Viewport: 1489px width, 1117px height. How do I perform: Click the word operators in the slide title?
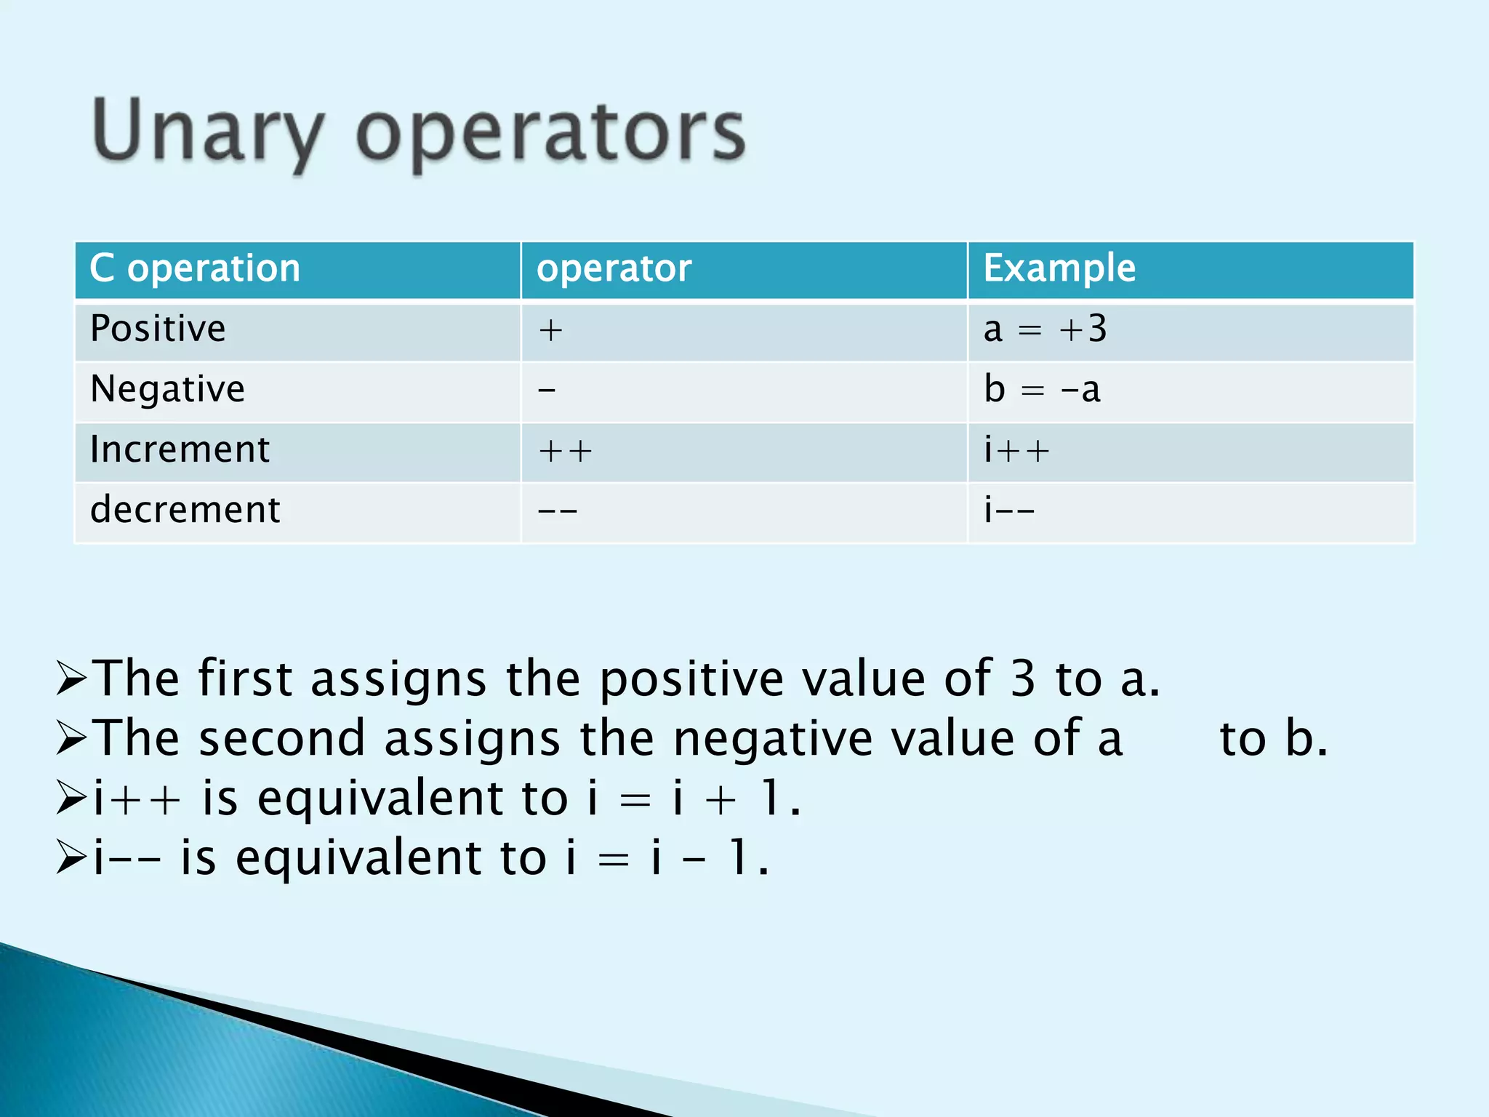pos(550,135)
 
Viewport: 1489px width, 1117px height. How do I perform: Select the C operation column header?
pos(195,268)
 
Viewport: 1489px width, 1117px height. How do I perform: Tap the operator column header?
pos(614,268)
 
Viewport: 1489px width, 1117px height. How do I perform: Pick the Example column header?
pos(1059,268)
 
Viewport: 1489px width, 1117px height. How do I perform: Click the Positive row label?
pos(158,329)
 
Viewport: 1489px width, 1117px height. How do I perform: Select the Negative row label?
pos(167,389)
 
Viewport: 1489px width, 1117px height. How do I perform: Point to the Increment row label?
pos(180,449)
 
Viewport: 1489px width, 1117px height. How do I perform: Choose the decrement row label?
pos(185,510)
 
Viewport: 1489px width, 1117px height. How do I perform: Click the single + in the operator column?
pos(550,331)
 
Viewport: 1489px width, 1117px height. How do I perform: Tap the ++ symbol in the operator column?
pos(565,452)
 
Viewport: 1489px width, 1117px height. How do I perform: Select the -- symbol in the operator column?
pos(557,511)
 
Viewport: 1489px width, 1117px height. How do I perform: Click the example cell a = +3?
pos(1045,329)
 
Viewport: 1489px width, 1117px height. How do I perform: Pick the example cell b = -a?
pos(1042,390)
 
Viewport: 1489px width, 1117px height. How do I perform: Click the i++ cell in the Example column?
pos(1016,450)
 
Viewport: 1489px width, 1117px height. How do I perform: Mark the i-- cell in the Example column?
pos(1009,510)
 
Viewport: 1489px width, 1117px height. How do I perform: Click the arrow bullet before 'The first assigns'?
pos(71,678)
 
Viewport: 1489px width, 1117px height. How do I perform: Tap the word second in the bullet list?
pos(281,738)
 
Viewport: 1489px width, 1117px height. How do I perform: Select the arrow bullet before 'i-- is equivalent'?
pos(71,858)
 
